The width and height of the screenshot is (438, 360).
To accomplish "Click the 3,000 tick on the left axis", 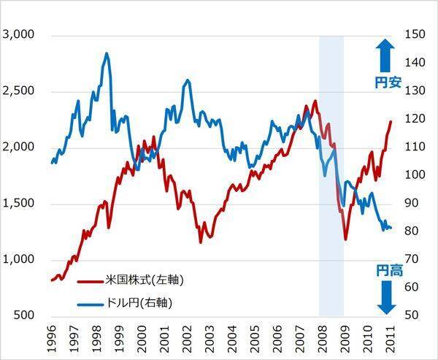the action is (x=18, y=34).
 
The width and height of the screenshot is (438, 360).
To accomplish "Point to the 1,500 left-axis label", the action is (x=18, y=203).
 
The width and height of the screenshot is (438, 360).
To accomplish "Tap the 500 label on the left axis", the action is (x=23, y=315).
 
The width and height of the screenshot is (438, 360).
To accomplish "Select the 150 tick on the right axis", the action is (x=415, y=34).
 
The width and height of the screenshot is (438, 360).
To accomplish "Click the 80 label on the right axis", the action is (x=415, y=231).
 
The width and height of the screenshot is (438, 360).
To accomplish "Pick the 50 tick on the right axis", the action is (x=415, y=315).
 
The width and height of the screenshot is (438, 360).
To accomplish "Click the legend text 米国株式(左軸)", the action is (x=145, y=280).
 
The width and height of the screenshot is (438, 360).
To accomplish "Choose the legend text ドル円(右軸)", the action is (x=139, y=303).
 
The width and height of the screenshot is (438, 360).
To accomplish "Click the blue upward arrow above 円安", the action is (x=385, y=55).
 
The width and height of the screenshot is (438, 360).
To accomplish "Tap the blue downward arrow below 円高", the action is (x=387, y=297).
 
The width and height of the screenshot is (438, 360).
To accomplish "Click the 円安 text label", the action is (x=388, y=83).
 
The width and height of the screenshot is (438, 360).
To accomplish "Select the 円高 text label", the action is (x=389, y=270).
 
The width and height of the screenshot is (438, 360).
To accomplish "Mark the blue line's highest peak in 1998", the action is (x=107, y=53).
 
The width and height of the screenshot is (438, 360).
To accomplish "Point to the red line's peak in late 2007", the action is (x=315, y=101).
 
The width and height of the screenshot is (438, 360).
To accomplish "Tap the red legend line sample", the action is (x=91, y=281).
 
